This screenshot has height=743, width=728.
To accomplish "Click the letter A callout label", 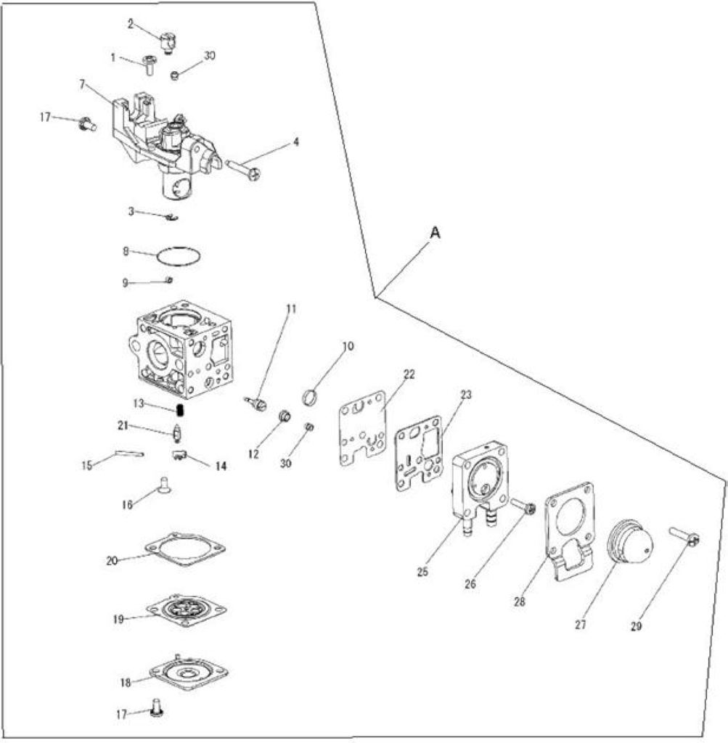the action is point(435,232).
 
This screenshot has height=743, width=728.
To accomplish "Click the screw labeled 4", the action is point(244,168).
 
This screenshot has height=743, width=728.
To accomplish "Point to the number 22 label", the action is point(409,374).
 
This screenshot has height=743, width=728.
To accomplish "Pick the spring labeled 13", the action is point(180,409).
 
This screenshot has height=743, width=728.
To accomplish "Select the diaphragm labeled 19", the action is point(187,609).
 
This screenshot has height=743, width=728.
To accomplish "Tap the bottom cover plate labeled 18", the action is point(188,671).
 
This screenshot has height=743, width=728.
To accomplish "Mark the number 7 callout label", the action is point(83,84).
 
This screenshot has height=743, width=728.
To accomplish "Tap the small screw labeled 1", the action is point(150,65).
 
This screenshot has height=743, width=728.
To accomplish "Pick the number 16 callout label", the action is point(126,505).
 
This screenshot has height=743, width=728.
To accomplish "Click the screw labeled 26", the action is point(523,506).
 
